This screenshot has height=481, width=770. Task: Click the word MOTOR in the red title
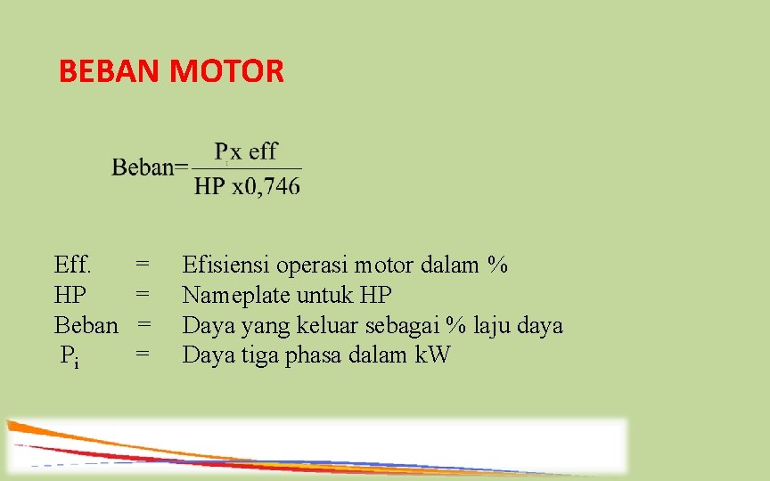coord(226,70)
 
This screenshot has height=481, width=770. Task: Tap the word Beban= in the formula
coord(150,167)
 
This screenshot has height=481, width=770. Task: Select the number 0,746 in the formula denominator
coord(272,186)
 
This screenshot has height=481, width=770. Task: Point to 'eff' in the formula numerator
coord(263,151)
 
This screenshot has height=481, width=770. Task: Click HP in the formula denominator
coord(209,186)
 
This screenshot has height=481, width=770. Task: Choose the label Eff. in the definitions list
coord(72,265)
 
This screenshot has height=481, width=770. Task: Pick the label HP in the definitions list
coord(70,295)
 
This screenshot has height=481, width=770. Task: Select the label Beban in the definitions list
coord(86,325)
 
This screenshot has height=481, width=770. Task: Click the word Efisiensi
coord(226,265)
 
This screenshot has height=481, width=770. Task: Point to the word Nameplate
coord(236,295)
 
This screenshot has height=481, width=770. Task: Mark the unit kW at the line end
coord(432,355)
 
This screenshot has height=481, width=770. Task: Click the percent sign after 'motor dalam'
coord(497,265)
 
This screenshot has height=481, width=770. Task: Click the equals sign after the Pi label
coord(142,355)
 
